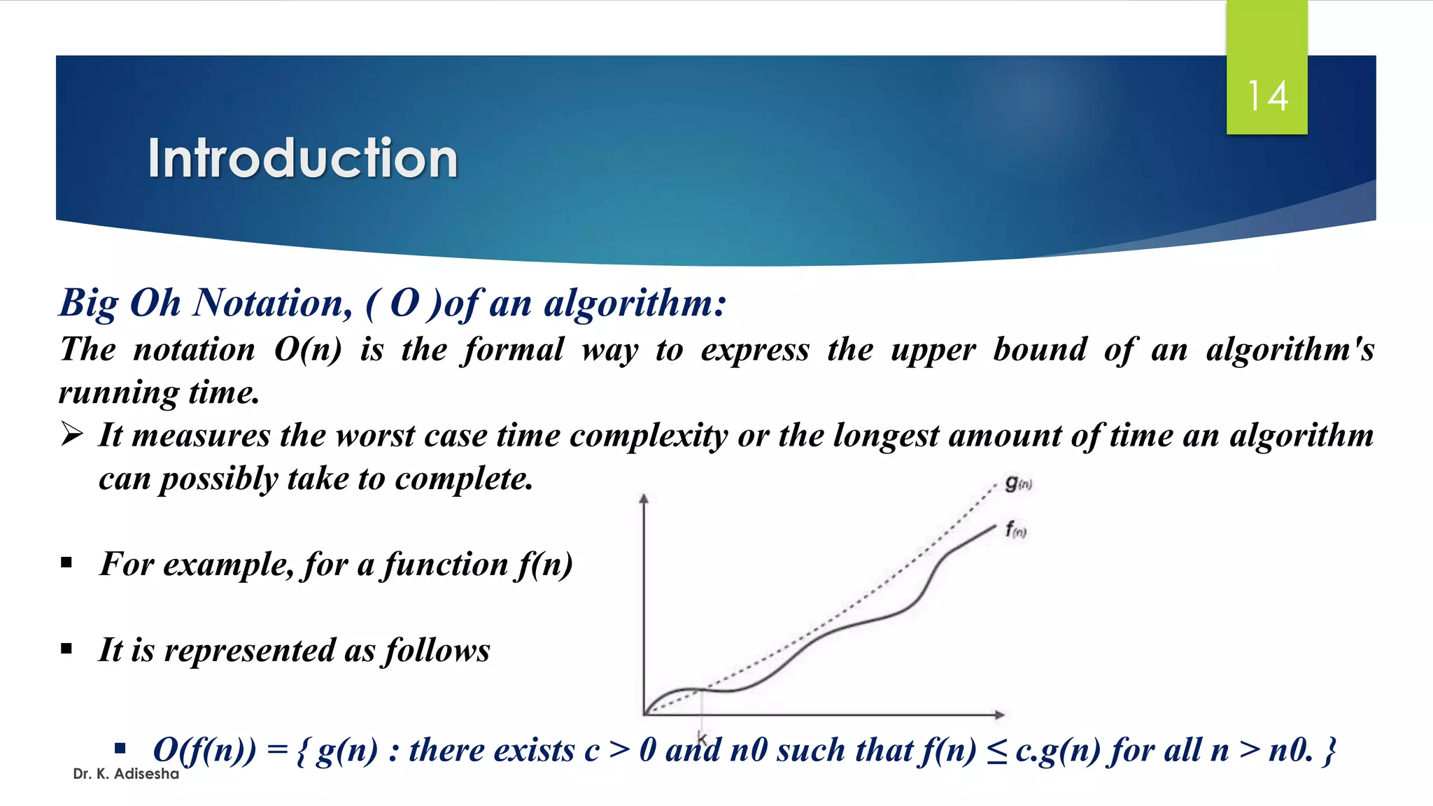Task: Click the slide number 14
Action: pos(1267,97)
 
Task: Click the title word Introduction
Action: pos(302,159)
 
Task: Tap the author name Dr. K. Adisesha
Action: pos(126,774)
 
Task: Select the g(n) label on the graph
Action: pos(1017,483)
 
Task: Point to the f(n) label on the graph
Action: pos(1015,530)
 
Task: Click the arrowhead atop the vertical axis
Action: pos(644,498)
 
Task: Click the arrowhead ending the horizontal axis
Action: pos(1000,714)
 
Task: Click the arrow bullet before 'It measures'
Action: pos(71,434)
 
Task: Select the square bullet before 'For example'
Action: pos(66,563)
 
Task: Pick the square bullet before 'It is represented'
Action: pos(66,649)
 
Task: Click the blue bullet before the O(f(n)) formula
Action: pos(120,749)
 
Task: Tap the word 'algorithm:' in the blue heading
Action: pos(635,303)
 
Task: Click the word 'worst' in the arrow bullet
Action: pos(375,436)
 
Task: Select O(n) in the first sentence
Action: pos(307,349)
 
